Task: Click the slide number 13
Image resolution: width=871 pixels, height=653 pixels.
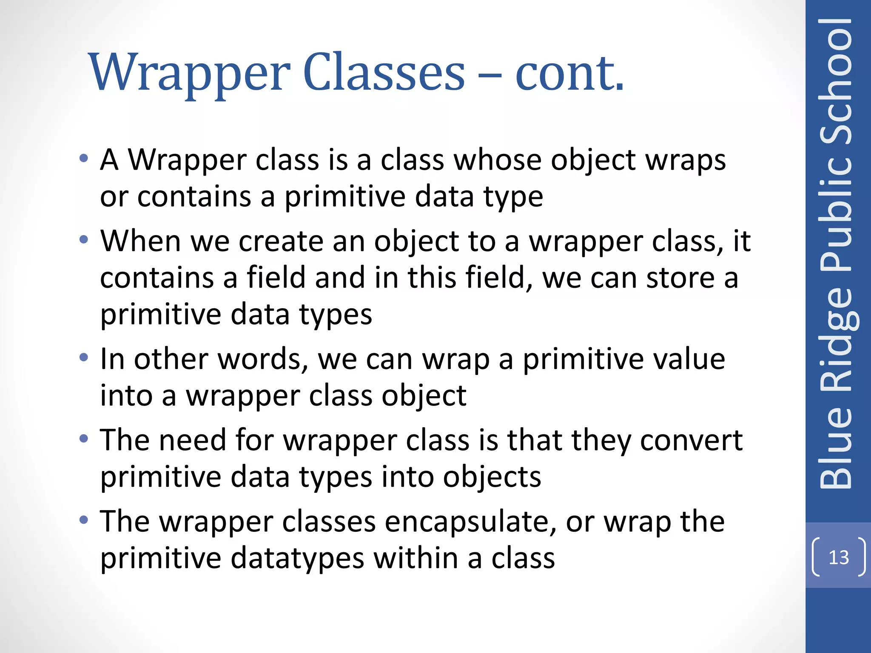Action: (x=838, y=557)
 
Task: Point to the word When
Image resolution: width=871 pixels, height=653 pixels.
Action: (x=141, y=241)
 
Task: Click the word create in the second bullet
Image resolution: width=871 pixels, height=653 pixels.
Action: (x=281, y=241)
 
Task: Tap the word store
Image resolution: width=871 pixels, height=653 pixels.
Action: (x=680, y=278)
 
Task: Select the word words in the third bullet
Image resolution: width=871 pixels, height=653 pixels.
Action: (x=263, y=359)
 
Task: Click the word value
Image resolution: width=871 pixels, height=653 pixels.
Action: (x=689, y=359)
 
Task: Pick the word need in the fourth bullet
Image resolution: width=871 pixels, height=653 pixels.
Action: (x=192, y=440)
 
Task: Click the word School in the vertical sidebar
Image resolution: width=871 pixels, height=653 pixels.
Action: (x=836, y=81)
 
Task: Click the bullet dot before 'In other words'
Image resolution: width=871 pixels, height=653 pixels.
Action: (x=84, y=358)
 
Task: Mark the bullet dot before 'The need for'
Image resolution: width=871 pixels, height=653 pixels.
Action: (x=84, y=438)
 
